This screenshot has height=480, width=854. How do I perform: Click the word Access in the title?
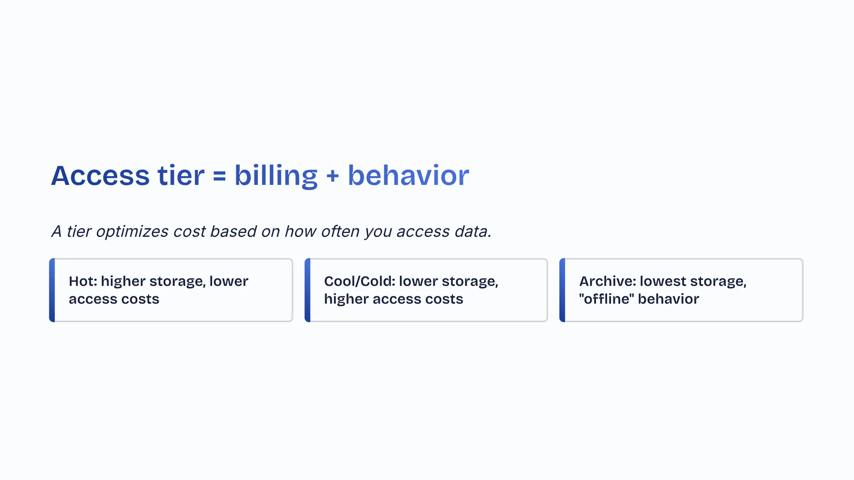pos(100,176)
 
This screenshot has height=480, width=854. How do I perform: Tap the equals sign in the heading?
pos(219,176)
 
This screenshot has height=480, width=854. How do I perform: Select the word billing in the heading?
pos(276,176)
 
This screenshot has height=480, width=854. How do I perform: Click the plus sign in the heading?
pos(332,176)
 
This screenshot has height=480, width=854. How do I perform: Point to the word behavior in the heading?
pos(408,175)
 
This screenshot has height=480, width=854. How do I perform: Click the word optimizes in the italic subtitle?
pos(132,232)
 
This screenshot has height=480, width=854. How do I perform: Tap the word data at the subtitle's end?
pos(473,231)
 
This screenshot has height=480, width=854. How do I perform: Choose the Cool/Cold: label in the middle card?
pos(359,281)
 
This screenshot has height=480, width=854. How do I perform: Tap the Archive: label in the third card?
pos(608,281)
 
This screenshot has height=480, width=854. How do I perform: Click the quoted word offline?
pos(607,299)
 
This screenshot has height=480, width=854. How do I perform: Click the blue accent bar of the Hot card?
pos(52,290)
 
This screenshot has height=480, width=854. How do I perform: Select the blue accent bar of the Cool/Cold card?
pos(307,290)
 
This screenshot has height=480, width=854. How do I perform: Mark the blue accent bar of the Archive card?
pos(562,290)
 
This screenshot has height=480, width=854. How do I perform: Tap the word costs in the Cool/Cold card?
pos(444,299)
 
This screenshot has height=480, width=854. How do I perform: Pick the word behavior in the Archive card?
pos(669,299)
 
